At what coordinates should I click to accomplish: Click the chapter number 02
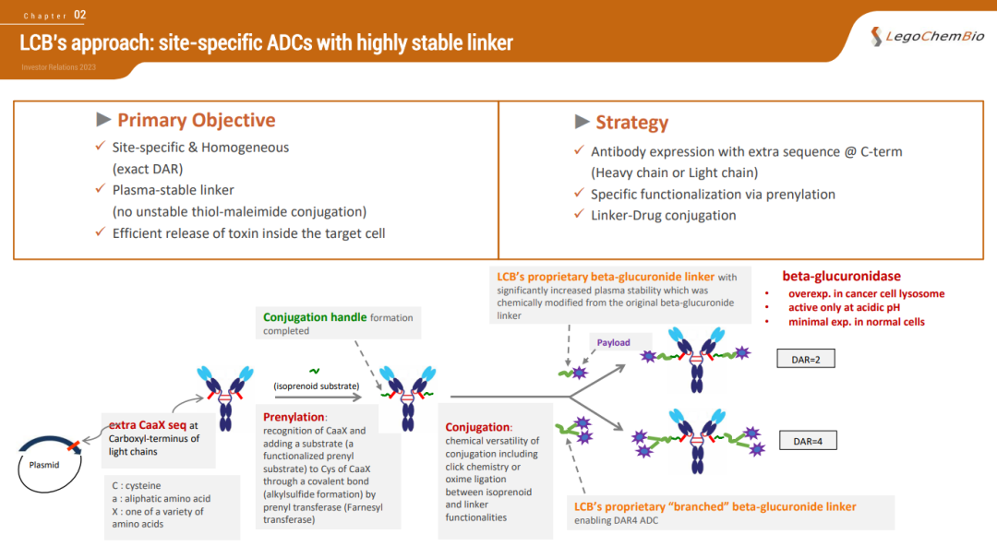point(80,15)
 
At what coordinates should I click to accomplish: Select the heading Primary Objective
point(196,121)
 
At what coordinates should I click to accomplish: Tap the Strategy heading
point(631,123)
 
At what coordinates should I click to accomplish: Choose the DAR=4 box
point(807,441)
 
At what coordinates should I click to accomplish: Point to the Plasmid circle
point(44,464)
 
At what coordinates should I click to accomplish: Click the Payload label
point(613,343)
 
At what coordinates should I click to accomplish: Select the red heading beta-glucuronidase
point(841,276)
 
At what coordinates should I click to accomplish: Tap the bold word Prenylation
point(294,418)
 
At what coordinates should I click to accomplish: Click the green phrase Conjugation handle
point(315,317)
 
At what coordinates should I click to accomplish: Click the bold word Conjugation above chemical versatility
point(477,427)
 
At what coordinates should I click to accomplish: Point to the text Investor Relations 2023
point(58,67)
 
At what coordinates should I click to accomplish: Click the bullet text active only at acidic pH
point(844,308)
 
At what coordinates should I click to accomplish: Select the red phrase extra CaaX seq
point(148,425)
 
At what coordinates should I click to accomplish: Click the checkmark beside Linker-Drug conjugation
point(579,215)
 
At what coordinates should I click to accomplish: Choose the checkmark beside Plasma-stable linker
point(101,190)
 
